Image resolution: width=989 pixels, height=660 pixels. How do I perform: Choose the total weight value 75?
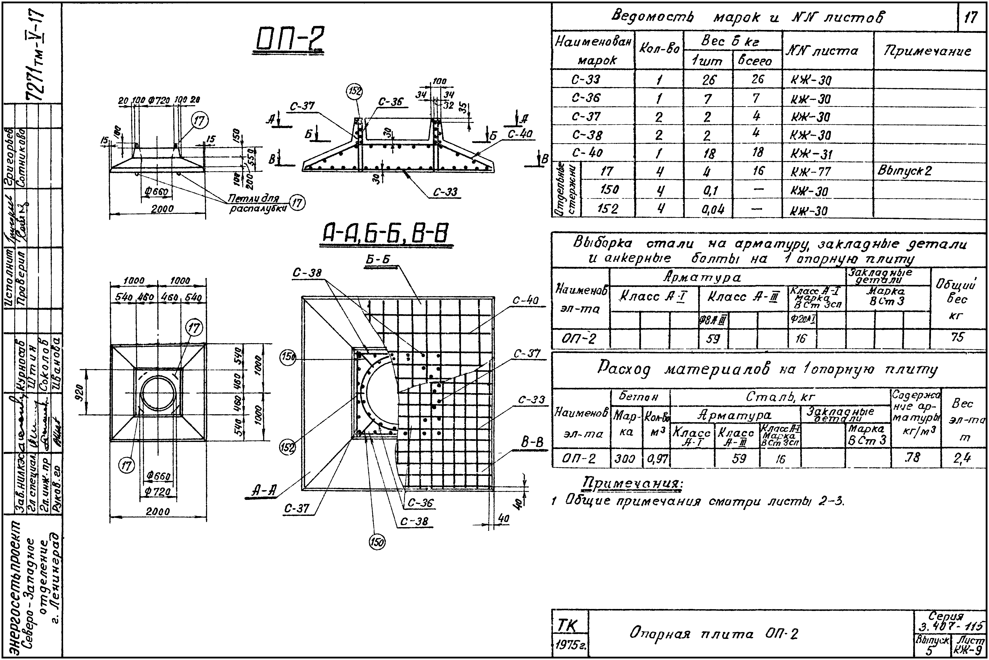point(958,337)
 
